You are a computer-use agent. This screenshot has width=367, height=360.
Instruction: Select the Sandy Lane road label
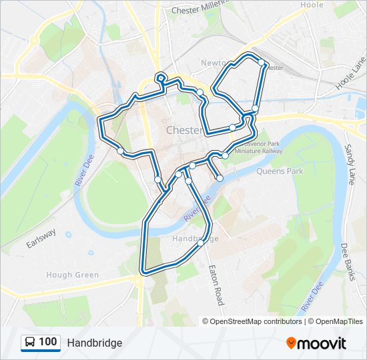[352, 164]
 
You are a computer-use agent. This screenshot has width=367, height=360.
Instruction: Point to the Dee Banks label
[346, 261]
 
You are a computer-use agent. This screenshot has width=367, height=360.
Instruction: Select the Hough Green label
[73, 275]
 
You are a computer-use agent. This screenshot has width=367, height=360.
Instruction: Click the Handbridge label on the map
[195, 238]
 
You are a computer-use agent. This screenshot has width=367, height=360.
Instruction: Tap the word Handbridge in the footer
[94, 343]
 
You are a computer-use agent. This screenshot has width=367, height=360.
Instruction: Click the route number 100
[47, 342]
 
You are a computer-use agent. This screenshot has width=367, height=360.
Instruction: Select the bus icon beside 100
[30, 343]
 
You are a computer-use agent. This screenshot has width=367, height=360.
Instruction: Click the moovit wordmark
[322, 343]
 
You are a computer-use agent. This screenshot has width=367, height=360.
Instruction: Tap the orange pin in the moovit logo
[291, 343]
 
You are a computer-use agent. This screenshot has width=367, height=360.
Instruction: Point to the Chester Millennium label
[204, 11]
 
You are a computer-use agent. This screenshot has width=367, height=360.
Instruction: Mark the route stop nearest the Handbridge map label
[200, 243]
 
